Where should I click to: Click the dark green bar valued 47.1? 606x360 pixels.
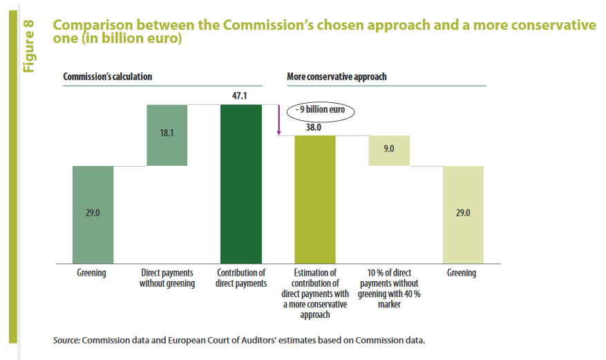(241, 183)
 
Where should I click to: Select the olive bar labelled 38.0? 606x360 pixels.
(315, 199)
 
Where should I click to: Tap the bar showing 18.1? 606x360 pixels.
(167, 135)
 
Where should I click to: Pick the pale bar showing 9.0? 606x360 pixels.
(389, 150)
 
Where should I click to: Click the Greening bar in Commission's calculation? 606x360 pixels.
(93, 214)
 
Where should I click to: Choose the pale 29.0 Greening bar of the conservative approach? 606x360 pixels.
(463, 214)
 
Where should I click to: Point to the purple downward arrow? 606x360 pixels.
(278, 120)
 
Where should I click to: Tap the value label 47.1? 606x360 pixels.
(241, 97)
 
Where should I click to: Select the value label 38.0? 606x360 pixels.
(315, 127)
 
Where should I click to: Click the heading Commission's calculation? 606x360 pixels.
(107, 77)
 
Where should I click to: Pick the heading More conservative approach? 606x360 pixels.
(337, 77)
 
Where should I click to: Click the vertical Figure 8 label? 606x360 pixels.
(28, 46)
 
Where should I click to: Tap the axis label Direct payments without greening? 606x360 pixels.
(167, 278)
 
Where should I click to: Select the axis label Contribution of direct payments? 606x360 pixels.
(241, 278)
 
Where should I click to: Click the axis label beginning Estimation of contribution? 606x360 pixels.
(315, 293)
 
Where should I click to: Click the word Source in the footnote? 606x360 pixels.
(66, 341)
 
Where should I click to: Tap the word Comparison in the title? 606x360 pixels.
(94, 26)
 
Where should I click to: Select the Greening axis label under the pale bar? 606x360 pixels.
(462, 273)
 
